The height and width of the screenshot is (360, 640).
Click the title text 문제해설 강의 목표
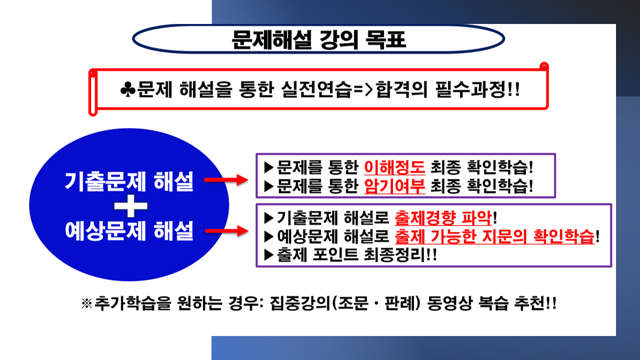pos(318,39)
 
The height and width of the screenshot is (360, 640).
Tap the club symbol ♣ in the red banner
pos(128,89)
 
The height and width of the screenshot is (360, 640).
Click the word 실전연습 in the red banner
pos(316,89)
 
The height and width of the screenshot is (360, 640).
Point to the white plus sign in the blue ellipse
pos(131,205)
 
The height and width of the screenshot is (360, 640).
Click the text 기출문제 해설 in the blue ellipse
pos(129,181)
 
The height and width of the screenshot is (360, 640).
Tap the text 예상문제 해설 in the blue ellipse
pos(129,230)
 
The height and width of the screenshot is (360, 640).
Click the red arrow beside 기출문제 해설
pos(226,179)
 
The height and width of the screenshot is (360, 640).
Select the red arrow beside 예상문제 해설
pos(226,231)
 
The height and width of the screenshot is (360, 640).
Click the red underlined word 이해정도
pos(394,167)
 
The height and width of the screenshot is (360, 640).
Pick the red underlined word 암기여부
pos(394,186)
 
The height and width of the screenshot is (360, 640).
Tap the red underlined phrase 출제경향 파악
pos(443,218)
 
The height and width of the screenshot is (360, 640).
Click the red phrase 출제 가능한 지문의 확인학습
pos(494,236)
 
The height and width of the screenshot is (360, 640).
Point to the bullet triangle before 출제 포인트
pos(269,255)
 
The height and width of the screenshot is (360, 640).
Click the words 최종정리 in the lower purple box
pos(394,255)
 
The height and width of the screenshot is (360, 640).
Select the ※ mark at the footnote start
pos(87,303)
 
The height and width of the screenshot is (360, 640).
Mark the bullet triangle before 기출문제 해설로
pos(269,218)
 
